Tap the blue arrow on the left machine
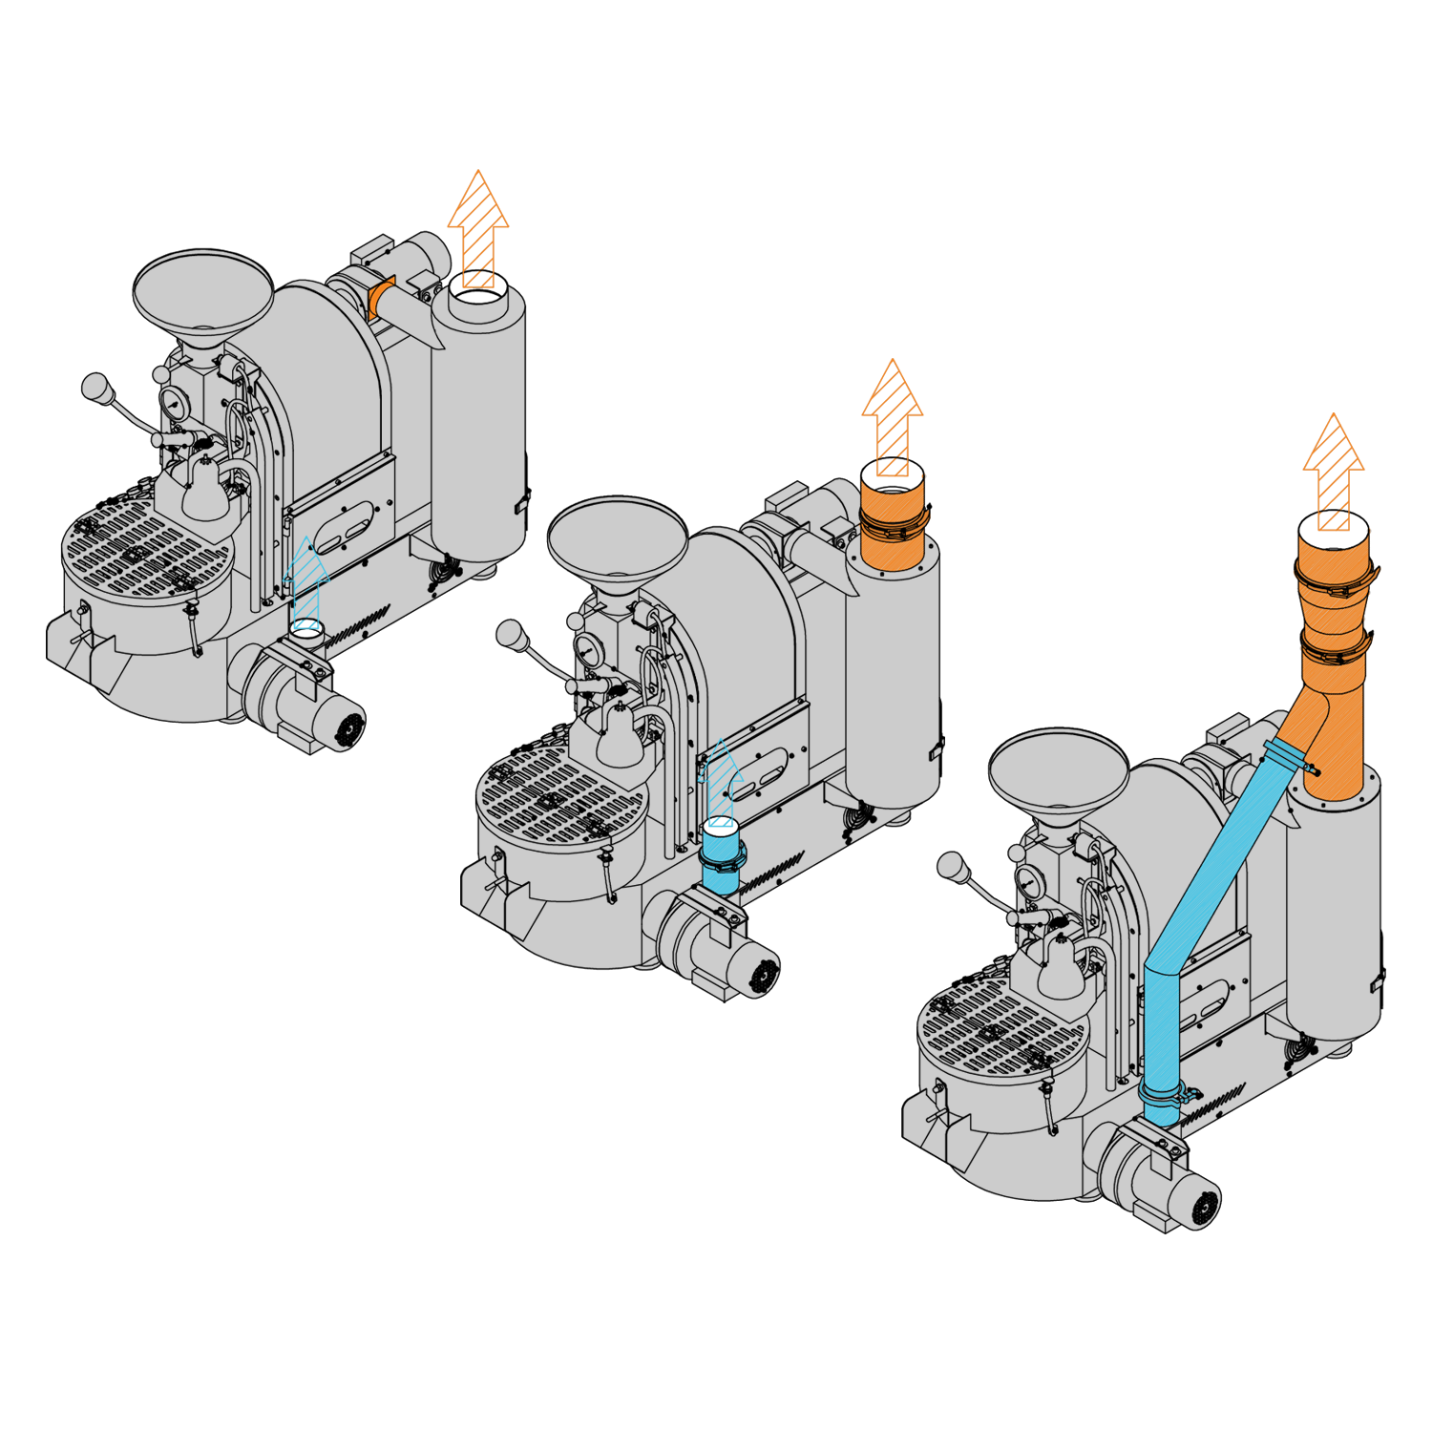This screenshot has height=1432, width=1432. point(306,582)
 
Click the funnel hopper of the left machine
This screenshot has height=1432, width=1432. point(202,291)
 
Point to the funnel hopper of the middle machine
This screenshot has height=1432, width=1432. point(617,537)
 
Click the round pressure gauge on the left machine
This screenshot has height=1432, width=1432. point(175,404)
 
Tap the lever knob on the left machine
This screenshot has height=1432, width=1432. point(96,388)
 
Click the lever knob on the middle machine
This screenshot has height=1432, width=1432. point(511,634)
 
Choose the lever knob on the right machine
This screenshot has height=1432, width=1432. point(952,867)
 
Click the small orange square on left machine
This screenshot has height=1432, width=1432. point(380,299)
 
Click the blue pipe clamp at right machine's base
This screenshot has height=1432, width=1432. point(1163,1093)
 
